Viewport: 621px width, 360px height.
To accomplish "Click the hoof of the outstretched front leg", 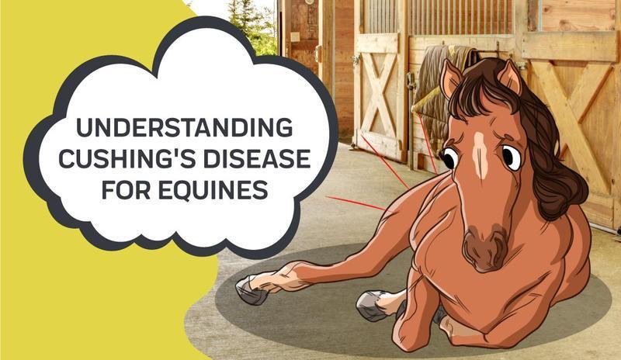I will point(252,289).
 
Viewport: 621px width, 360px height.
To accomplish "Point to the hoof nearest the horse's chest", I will point(372,305).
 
